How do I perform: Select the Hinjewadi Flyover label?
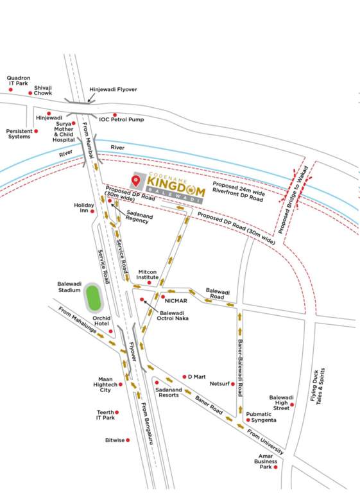[x=113, y=89]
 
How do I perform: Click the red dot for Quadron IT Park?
[x=11, y=89]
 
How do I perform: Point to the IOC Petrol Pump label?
[x=121, y=119]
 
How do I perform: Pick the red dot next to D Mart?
[x=183, y=376]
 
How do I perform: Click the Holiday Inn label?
[x=84, y=208]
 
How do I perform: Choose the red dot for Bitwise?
[x=128, y=440]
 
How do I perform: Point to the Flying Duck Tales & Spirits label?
[x=318, y=385]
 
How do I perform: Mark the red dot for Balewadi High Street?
[x=292, y=404]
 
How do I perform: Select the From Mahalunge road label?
[x=79, y=319]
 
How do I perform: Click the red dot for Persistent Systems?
[x=36, y=131]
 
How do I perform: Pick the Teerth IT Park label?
[x=105, y=415]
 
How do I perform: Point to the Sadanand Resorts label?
[x=167, y=392]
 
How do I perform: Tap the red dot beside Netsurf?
[x=232, y=384]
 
